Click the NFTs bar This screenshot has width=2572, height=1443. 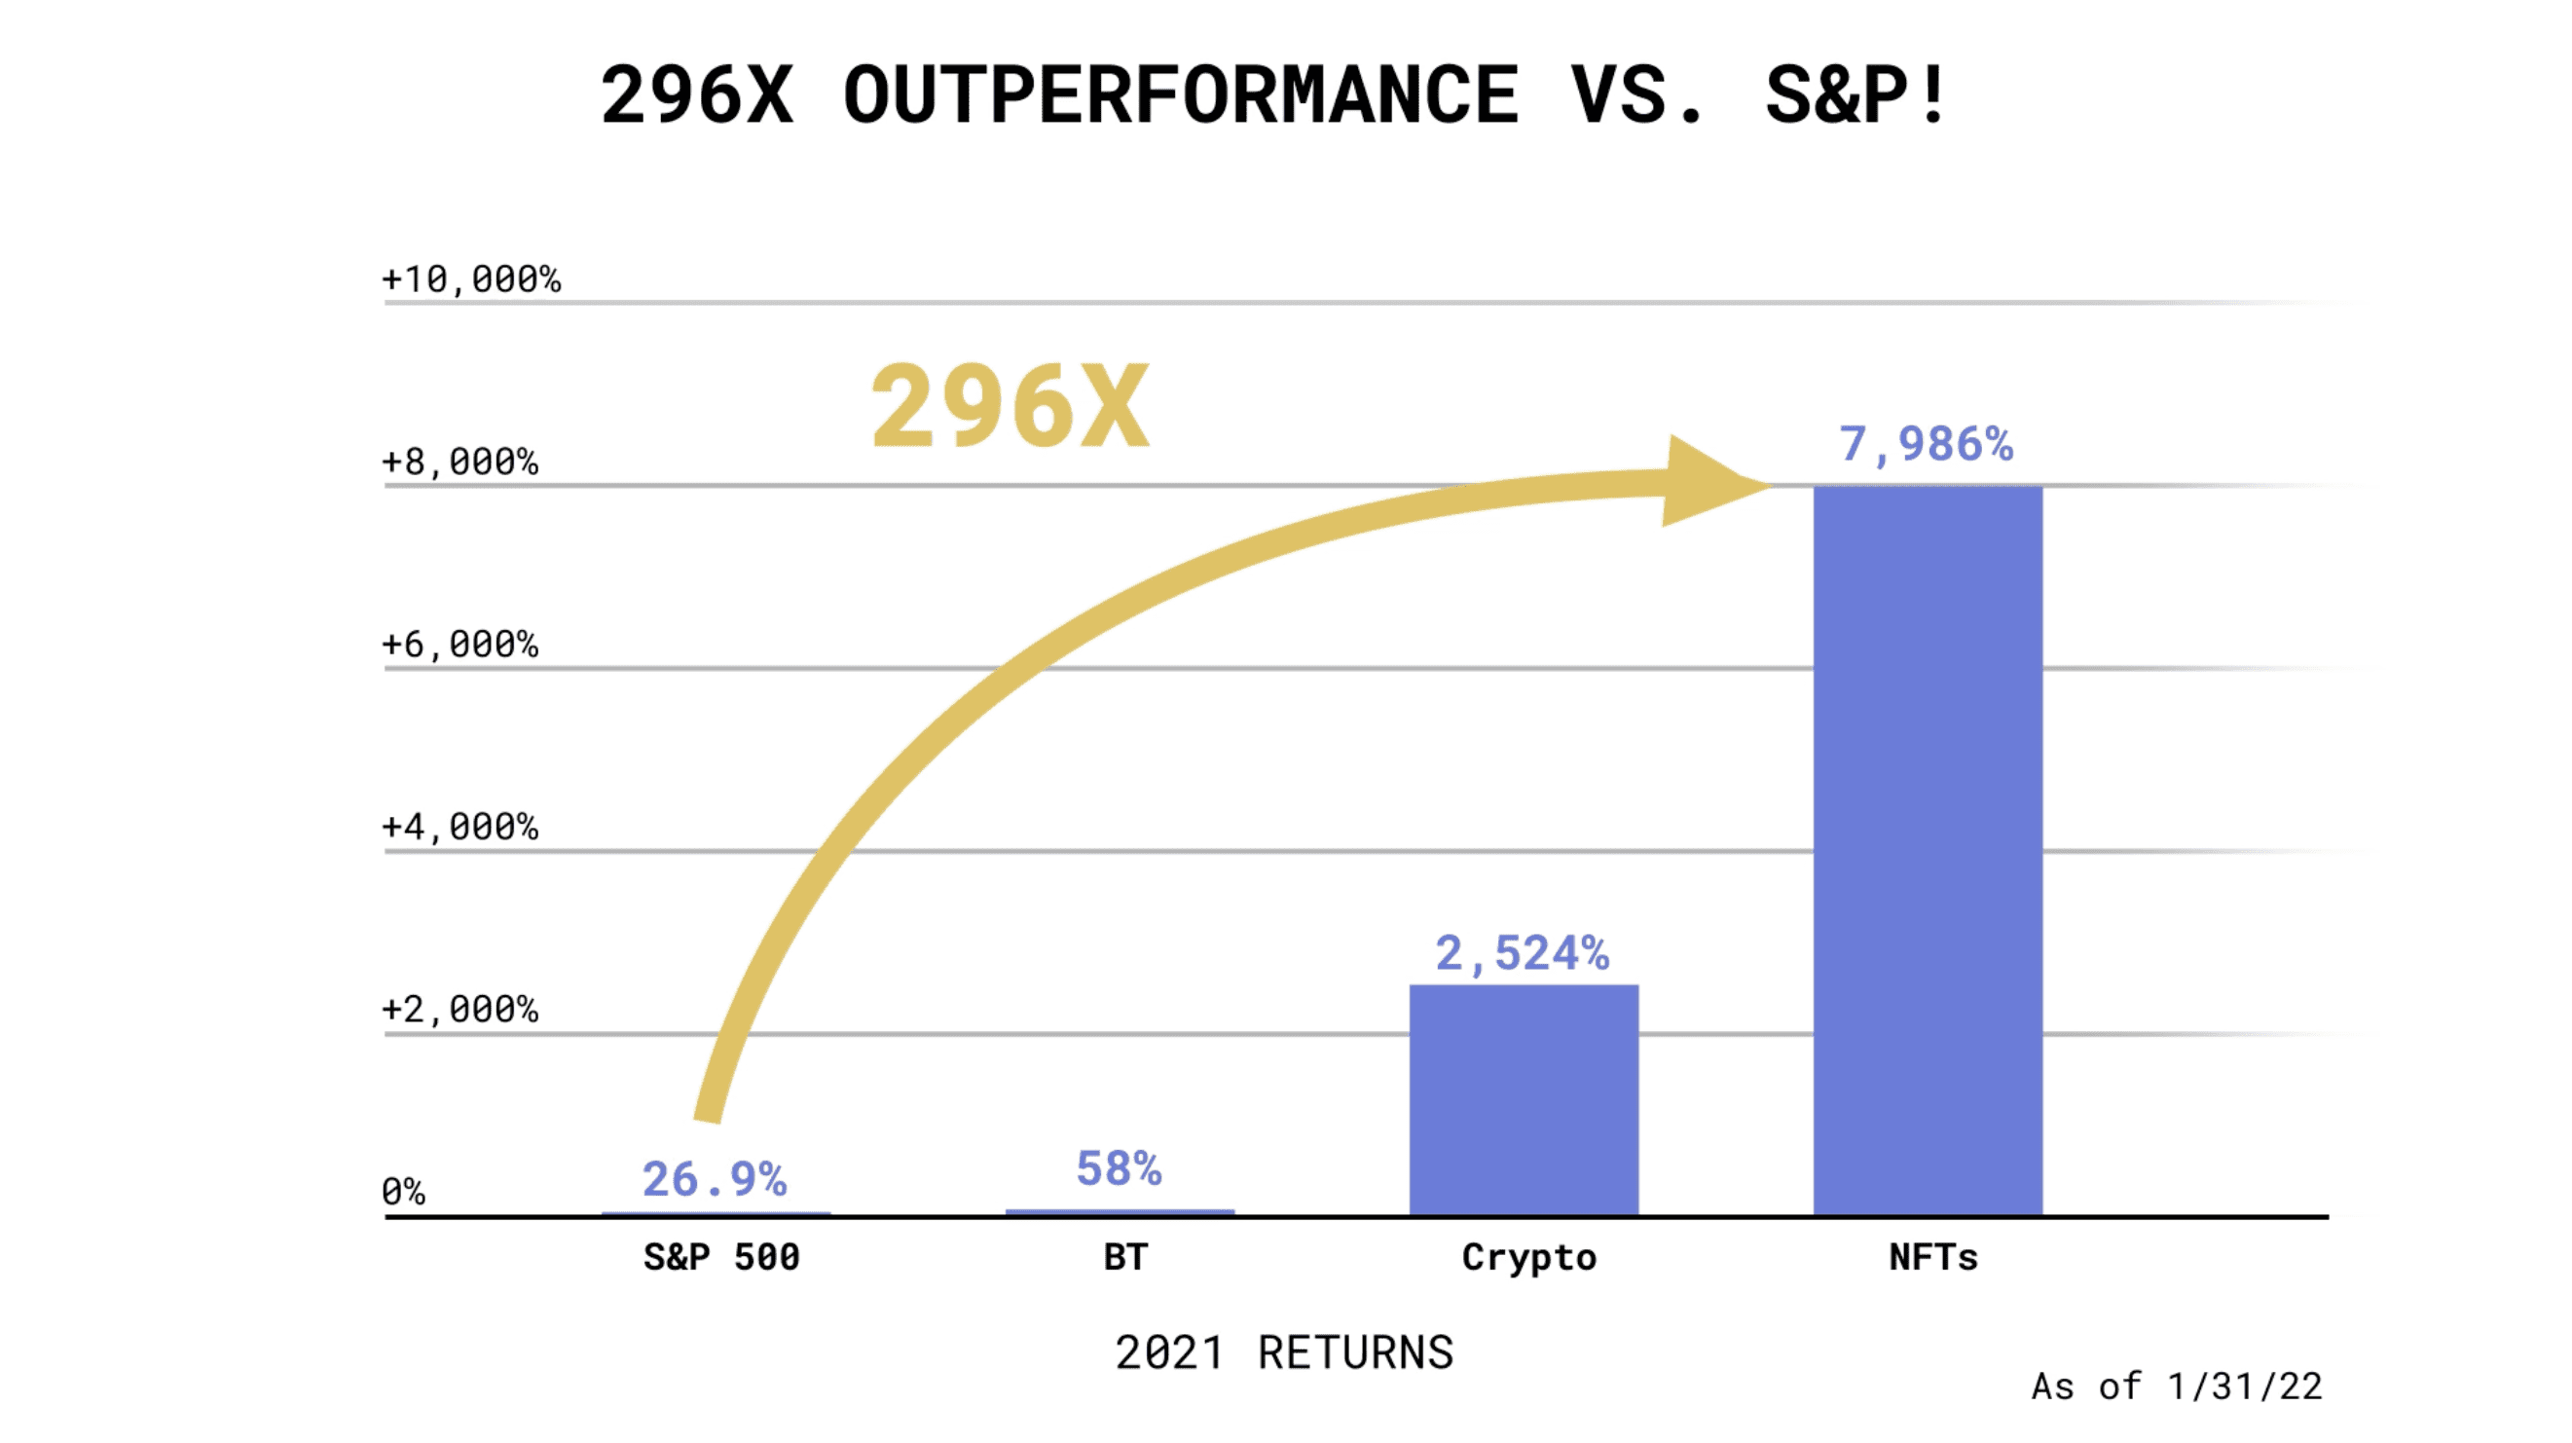[x=1927, y=849]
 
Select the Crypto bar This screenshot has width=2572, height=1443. [x=1524, y=1098]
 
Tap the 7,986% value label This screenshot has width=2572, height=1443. [x=1926, y=444]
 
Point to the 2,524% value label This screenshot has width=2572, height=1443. [x=1522, y=953]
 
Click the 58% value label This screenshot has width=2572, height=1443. [x=1119, y=1168]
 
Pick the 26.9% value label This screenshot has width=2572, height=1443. [x=714, y=1179]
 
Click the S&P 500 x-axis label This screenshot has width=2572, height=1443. [x=720, y=1256]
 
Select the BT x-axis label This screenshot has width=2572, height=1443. [x=1125, y=1256]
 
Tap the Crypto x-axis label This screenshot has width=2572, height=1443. [x=1528, y=1257]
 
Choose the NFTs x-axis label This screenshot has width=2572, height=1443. [x=1933, y=1256]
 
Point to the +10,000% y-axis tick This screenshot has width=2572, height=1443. [x=471, y=279]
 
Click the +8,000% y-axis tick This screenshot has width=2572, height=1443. [x=460, y=462]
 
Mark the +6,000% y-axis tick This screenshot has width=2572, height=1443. [x=460, y=646]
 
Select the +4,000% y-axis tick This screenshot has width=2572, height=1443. [x=460, y=828]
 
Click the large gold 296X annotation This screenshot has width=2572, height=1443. [x=1010, y=406]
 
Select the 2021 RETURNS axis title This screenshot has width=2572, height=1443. [x=1284, y=1353]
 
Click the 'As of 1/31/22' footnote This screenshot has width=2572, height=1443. [x=2177, y=1387]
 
